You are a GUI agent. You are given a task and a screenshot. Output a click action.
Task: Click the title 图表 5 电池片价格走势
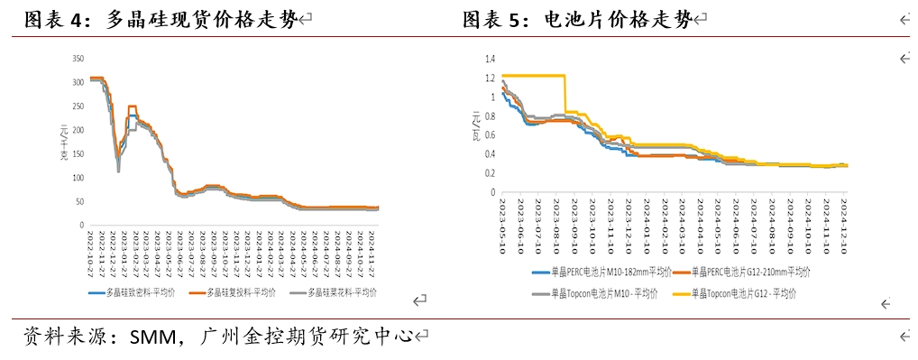pyautogui.click(x=577, y=19)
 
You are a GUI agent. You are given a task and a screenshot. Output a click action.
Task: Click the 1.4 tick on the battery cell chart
pyautogui.click(x=491, y=59)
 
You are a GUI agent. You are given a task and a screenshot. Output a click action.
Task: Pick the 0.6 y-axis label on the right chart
pyautogui.click(x=491, y=135)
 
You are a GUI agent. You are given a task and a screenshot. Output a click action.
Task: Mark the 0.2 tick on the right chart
pyautogui.click(x=491, y=173)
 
